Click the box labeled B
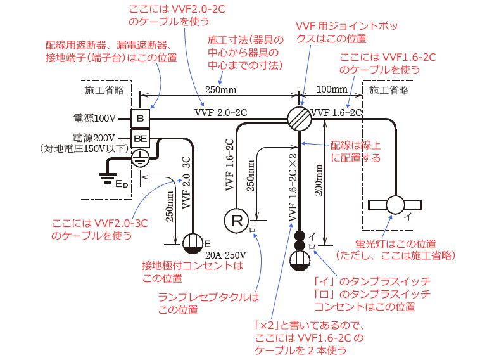point(141,119)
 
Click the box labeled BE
point(141,137)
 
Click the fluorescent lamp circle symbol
point(396,205)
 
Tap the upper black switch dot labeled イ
point(300,235)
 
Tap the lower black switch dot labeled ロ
point(300,245)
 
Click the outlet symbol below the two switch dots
point(300,258)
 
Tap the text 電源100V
point(95,119)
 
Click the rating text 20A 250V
point(225,254)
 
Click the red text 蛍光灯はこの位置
point(396,244)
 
